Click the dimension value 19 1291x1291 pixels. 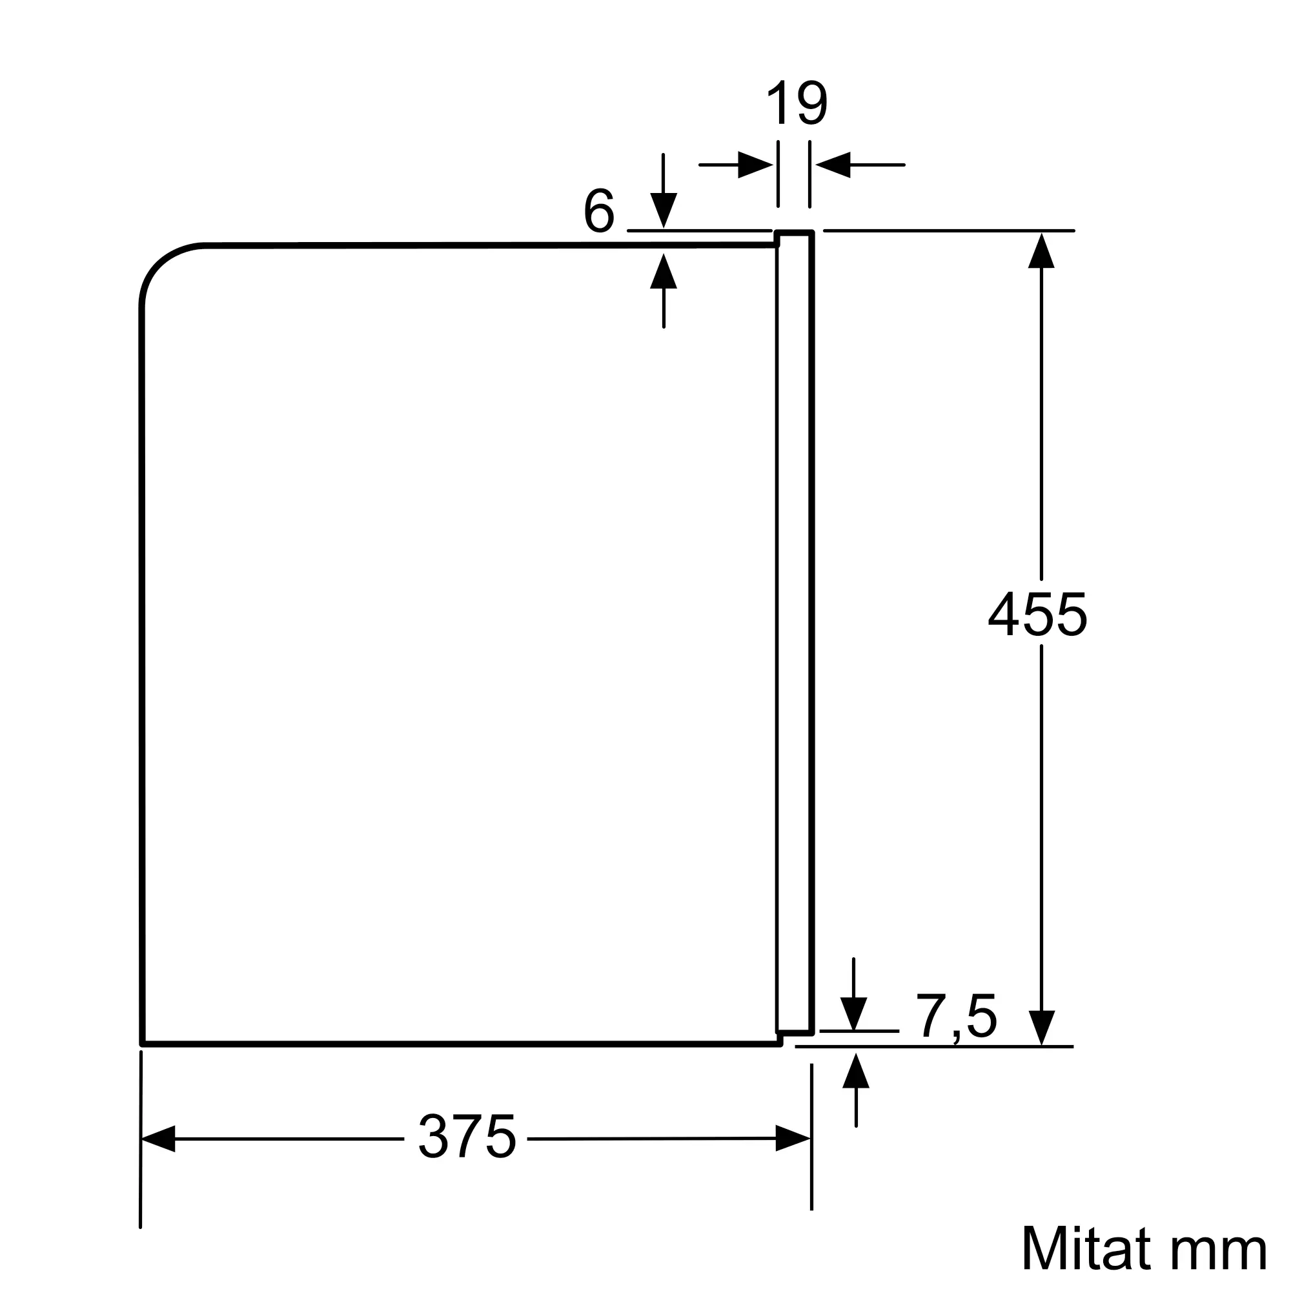click(797, 103)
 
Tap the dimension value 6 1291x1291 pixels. click(599, 211)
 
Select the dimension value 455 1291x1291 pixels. click(1038, 615)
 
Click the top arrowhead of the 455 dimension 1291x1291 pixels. click(1041, 250)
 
